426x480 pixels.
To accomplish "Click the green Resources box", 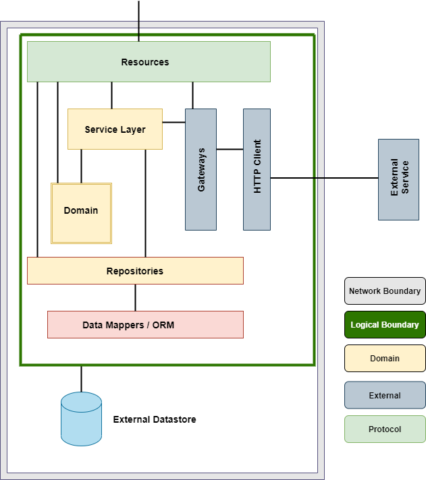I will [x=149, y=62].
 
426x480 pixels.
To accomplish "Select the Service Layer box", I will [x=115, y=129].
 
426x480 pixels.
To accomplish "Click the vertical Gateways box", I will [x=201, y=170].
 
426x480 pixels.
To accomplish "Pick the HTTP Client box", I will [x=257, y=170].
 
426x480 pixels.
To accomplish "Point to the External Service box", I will [x=398, y=179].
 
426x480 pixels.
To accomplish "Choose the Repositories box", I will [x=135, y=271].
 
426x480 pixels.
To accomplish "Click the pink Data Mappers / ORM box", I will [x=145, y=325].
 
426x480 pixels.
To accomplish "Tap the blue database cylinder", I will [x=81, y=419].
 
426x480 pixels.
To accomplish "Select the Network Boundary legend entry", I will [x=385, y=291].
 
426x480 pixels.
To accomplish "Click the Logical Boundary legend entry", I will [x=385, y=325].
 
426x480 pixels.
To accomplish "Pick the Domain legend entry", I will [x=385, y=359].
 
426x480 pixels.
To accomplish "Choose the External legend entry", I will [x=385, y=396].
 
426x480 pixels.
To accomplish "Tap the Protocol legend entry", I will [x=385, y=429].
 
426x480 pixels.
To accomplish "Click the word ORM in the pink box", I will [x=163, y=325].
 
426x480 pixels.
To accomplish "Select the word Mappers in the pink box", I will [x=122, y=325].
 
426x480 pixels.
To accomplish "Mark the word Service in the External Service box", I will [x=405, y=177].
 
